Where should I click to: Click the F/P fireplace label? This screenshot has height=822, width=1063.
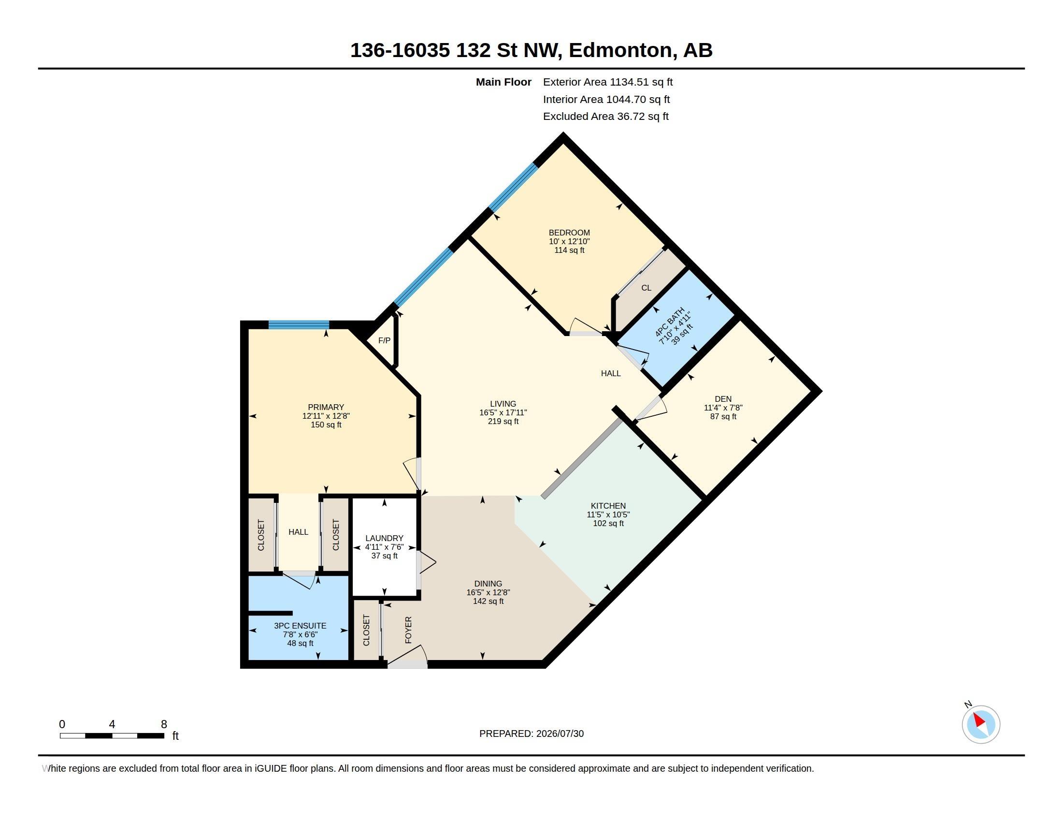click(x=384, y=340)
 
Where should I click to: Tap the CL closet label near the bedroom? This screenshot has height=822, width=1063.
click(x=646, y=288)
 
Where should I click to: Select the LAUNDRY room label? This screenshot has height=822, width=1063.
click(x=384, y=538)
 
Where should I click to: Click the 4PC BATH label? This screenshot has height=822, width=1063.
click(x=670, y=323)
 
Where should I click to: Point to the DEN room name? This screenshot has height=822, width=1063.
click(x=723, y=399)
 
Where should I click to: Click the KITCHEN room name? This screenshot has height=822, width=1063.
click(x=608, y=506)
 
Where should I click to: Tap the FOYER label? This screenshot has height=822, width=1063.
click(x=408, y=630)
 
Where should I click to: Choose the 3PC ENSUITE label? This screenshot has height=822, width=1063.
click(x=300, y=626)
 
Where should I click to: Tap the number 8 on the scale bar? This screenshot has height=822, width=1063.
click(x=164, y=724)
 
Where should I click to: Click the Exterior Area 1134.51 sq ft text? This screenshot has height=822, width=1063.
click(x=608, y=82)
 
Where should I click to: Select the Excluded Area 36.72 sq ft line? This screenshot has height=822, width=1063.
click(x=606, y=117)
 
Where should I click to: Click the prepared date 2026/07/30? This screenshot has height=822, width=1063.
click(x=560, y=734)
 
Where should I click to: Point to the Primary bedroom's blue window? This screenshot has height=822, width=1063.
click(x=299, y=325)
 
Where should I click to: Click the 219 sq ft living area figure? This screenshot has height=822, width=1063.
click(x=503, y=421)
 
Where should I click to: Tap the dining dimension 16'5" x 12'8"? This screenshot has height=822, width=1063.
click(x=488, y=593)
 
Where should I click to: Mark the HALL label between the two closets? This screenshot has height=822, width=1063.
click(x=298, y=532)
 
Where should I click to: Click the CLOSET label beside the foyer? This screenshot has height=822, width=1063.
click(x=366, y=630)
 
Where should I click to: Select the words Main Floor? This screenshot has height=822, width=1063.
click(x=503, y=82)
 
